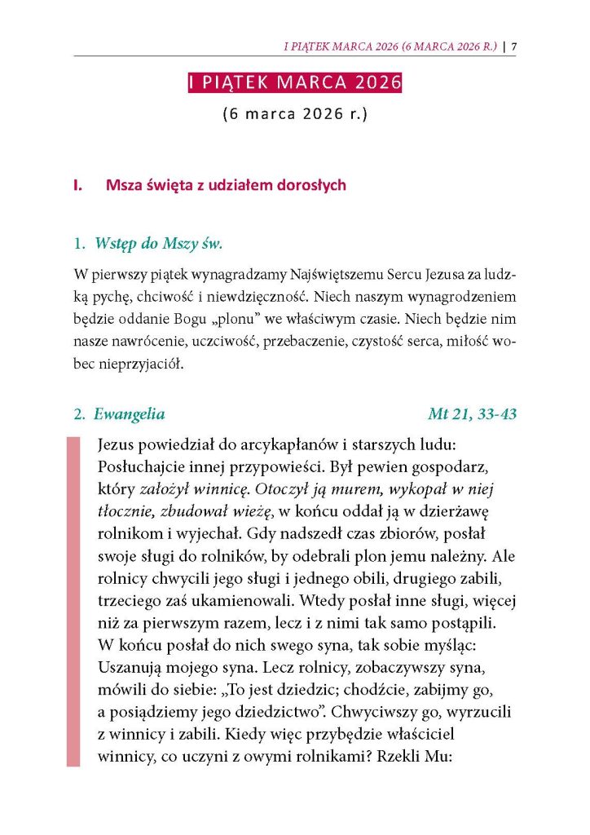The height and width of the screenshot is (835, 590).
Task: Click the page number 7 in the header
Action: pos(515,46)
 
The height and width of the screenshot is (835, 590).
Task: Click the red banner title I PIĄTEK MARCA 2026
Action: pos(295,84)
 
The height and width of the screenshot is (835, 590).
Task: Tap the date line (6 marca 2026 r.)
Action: pos(295,114)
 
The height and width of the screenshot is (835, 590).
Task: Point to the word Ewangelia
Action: pos(129,414)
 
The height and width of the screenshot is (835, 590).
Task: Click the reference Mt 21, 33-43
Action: pos(472,414)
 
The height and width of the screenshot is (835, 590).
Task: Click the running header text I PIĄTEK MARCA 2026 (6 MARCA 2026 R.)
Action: pos(390,46)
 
